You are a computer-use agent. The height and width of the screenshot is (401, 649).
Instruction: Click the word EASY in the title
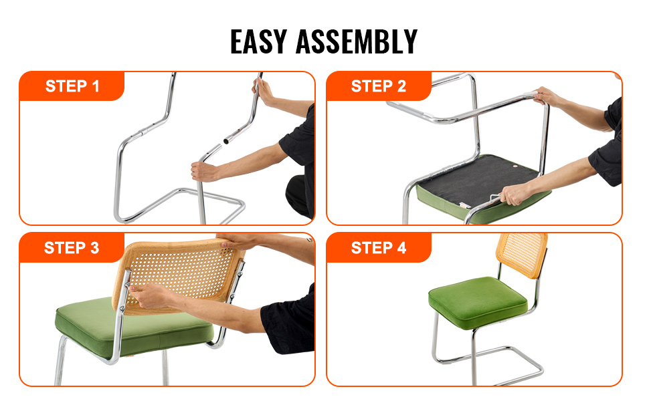[258, 41]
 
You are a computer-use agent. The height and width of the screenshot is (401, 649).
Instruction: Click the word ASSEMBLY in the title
[357, 41]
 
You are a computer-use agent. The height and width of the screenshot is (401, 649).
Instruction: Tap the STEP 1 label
[72, 86]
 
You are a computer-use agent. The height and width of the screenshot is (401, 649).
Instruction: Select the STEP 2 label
[378, 86]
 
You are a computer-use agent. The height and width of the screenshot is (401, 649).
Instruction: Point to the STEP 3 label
[71, 248]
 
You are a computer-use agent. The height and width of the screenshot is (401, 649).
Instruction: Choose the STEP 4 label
[378, 248]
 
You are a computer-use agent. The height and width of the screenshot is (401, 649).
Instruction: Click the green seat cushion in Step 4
[478, 303]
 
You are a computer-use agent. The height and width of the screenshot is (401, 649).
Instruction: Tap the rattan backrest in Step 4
[521, 254]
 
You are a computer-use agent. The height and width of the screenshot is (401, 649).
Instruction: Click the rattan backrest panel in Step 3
[178, 275]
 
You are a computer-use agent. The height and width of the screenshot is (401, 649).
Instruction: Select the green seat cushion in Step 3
[133, 327]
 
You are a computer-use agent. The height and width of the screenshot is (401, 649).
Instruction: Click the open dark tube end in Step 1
[226, 142]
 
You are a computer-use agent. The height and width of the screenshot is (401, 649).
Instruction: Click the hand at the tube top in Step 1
[263, 91]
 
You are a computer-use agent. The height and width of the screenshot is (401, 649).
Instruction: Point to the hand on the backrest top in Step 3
[238, 241]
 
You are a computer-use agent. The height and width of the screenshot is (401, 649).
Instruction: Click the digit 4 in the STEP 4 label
[401, 248]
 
